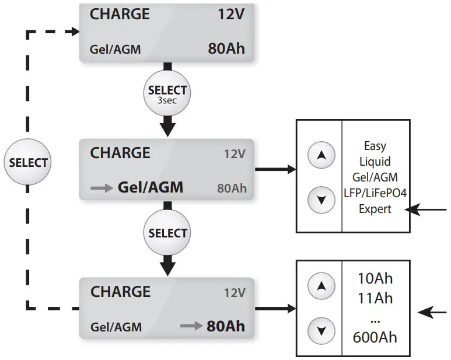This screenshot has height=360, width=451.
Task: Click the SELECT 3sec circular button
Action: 167,93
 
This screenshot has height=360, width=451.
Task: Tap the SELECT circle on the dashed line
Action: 28,162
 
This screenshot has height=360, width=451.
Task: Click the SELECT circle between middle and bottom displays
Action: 167,233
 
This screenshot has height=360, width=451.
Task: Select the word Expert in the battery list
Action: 375,209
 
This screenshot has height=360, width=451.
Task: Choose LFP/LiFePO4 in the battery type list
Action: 375,193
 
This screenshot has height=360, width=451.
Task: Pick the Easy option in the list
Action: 375,146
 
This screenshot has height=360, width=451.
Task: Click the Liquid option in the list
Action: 375,162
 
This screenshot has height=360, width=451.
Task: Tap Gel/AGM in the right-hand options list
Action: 375,177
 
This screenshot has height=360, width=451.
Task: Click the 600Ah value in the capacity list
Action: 375,337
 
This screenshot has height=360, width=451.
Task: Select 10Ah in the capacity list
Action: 375,279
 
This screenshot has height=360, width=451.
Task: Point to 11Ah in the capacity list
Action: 375,299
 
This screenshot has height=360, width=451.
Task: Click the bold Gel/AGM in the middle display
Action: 151,187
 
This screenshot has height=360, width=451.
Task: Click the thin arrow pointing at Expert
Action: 428,209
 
